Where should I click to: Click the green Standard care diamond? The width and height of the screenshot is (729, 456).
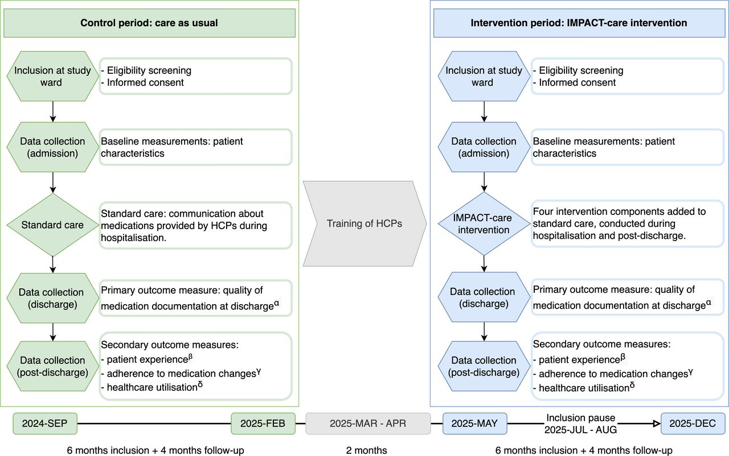(53, 225)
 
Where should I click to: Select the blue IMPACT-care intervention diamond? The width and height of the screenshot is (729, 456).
(484, 223)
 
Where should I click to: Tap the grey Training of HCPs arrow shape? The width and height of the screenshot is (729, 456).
(365, 223)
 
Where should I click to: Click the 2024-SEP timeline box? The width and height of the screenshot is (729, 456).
(45, 424)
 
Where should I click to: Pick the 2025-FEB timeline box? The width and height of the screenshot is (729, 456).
(263, 424)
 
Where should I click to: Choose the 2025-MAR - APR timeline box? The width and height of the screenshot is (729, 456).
(368, 424)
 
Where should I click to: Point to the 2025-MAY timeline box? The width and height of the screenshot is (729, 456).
(475, 424)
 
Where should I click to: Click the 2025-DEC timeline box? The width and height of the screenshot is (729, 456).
(693, 424)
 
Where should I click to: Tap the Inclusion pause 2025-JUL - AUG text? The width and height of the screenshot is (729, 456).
(580, 424)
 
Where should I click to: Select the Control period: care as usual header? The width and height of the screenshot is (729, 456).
(149, 23)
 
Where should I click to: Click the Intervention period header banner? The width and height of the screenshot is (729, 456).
(579, 23)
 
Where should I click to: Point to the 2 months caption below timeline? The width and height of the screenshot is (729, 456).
(366, 450)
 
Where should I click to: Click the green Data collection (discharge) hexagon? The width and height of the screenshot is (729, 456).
(53, 298)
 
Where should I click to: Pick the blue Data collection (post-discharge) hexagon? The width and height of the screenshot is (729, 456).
(484, 366)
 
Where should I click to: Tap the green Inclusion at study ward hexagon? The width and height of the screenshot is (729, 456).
(53, 76)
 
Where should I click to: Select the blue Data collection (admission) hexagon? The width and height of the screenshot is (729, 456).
(484, 147)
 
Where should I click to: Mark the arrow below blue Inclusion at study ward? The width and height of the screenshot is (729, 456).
(484, 112)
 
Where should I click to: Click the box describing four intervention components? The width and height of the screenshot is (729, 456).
(628, 223)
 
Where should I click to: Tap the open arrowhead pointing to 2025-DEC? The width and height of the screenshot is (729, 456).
(657, 424)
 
